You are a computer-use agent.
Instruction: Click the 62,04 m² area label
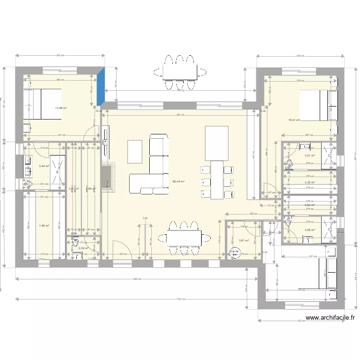pyautogui.click(x=179, y=181)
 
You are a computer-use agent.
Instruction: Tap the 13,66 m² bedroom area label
pyautogui.click(x=61, y=108)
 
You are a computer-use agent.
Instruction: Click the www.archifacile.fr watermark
pyautogui.click(x=331, y=317)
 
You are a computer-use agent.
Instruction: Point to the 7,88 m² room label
pyautogui.click(x=43, y=225)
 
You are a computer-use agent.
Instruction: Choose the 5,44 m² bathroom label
pyautogui.click(x=43, y=166)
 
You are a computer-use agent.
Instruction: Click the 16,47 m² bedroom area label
pyautogui.click(x=294, y=120)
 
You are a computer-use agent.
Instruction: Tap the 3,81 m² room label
pyautogui.click(x=244, y=240)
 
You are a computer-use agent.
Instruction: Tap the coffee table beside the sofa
pyautogui.click(x=135, y=152)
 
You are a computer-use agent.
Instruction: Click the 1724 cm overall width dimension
pyautogui.click(x=180, y=300)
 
